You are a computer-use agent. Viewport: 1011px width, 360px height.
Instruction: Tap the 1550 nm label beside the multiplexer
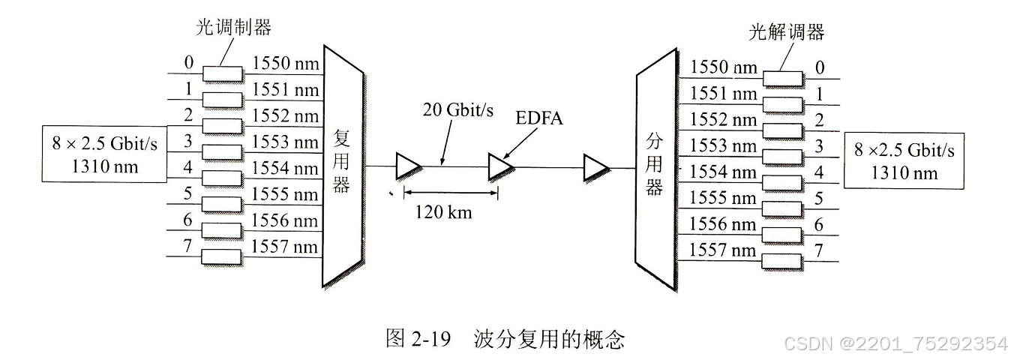[x=285, y=64]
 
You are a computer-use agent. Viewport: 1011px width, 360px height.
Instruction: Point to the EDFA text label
[x=537, y=118]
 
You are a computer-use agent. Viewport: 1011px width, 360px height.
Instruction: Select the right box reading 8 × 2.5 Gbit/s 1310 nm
[x=904, y=160]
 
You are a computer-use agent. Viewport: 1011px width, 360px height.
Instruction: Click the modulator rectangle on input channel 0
[x=223, y=73]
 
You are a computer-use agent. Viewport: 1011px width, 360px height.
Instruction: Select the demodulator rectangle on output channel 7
[x=783, y=261]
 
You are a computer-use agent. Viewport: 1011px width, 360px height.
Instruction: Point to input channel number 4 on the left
[x=188, y=166]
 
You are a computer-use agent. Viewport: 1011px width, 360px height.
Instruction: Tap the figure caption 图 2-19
[x=417, y=339]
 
